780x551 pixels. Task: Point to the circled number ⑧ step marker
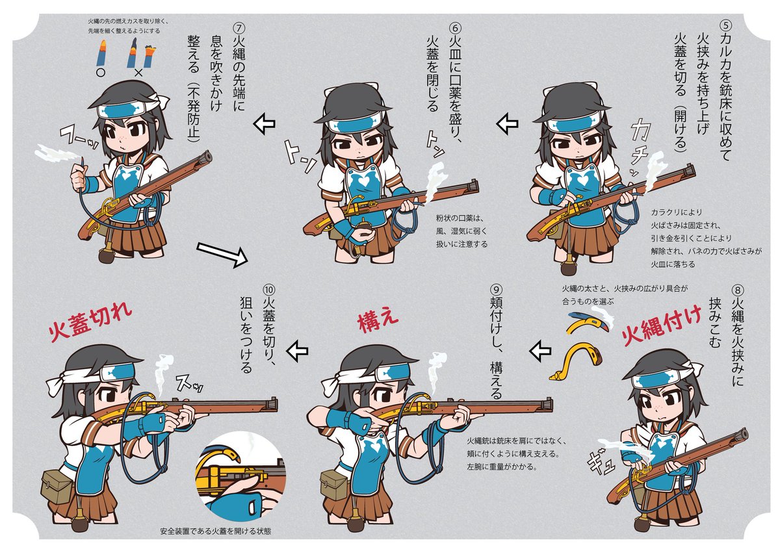[736, 290]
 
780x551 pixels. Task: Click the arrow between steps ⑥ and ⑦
[264, 123]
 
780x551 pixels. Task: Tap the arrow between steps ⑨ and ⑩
[298, 352]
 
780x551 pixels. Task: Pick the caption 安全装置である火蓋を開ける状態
[214, 531]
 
